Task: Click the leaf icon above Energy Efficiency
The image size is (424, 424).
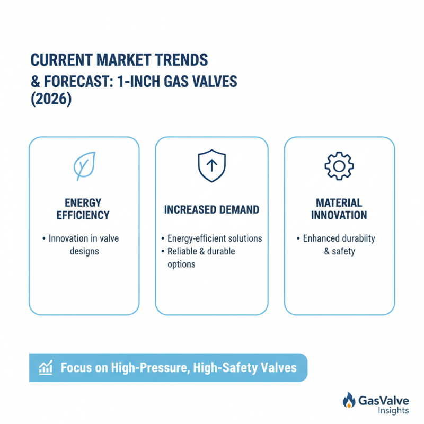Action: (x=84, y=166)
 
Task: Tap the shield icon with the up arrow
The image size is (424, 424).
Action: (x=211, y=166)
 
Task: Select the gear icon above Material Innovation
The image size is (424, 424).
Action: (x=339, y=166)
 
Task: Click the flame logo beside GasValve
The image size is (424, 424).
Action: (x=349, y=401)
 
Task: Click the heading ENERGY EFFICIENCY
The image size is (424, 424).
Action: (x=84, y=209)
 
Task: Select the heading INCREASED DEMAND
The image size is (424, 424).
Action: (x=211, y=210)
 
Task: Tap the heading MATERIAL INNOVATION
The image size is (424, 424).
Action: (x=339, y=209)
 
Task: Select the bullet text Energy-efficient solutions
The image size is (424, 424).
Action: (x=214, y=238)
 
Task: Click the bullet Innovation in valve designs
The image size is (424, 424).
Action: (x=83, y=245)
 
